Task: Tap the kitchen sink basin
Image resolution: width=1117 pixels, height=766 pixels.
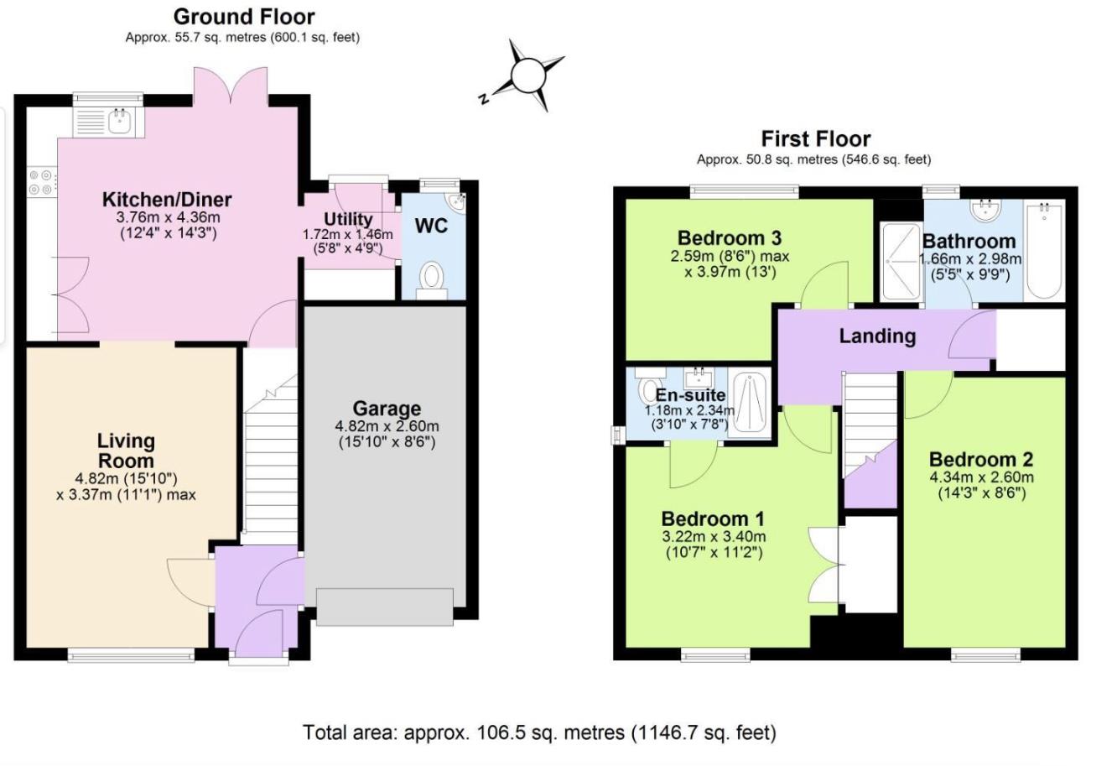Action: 119,122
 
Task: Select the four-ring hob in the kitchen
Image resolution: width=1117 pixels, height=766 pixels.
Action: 41,182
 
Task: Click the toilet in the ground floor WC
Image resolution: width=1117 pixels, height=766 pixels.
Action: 432,280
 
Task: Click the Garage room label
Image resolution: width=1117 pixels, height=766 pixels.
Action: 387,409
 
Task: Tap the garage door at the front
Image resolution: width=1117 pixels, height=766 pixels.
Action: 384,607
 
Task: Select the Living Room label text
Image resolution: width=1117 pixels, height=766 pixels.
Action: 126,451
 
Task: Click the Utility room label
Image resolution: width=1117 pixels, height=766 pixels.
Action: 347,219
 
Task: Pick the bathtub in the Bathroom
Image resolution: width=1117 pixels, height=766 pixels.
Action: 1044,250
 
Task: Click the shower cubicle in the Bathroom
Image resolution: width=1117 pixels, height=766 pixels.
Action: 901,261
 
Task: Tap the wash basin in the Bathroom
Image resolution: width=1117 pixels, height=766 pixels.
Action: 986,210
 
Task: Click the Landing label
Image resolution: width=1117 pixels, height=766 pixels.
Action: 877,336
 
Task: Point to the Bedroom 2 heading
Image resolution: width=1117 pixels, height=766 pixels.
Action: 981,459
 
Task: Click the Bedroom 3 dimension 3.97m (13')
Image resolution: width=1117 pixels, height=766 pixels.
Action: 730,273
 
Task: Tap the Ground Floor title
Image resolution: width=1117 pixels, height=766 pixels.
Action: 244,17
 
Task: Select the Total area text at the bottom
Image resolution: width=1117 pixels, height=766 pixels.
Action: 539,732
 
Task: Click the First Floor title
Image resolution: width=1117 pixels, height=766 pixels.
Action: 816,138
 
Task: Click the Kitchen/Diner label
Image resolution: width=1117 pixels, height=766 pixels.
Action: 167,200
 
